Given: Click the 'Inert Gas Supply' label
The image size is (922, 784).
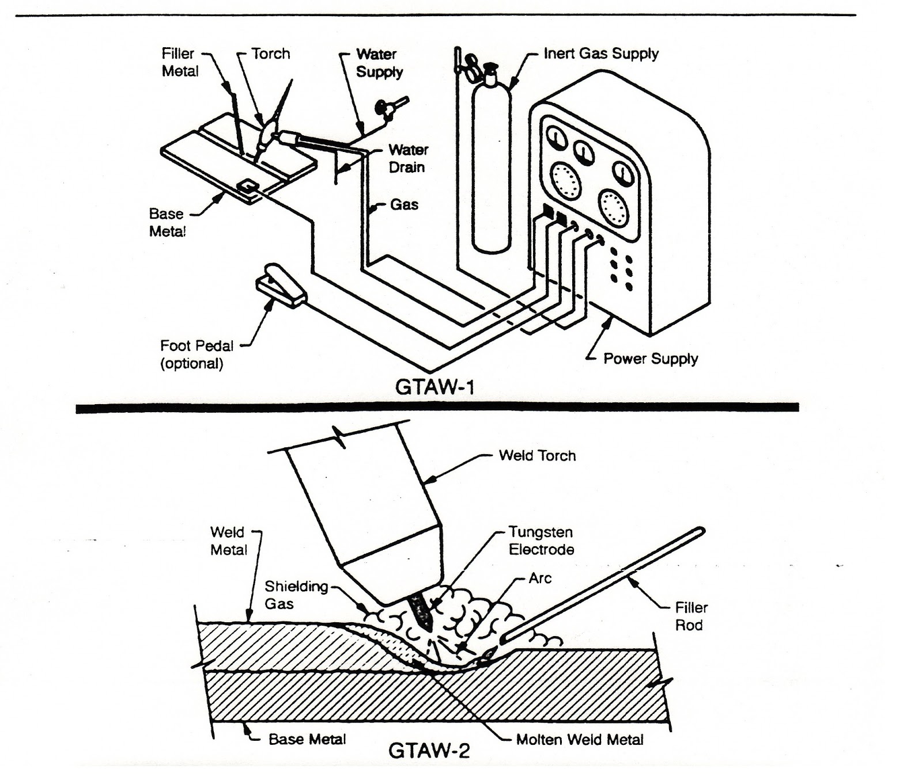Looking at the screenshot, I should (600, 54).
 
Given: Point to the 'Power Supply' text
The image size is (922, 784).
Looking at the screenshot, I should (650, 359).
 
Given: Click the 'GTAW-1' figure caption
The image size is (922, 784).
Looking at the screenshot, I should (435, 387).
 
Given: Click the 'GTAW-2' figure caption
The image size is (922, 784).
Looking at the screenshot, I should (429, 750).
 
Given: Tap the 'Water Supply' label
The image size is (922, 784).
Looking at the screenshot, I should (379, 63).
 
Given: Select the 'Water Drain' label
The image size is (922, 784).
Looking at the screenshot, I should (408, 158).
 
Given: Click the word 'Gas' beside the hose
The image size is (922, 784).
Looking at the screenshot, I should (404, 205).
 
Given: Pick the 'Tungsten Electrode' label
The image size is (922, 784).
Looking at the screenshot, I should (541, 541).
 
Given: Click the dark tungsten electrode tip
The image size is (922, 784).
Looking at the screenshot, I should (421, 612).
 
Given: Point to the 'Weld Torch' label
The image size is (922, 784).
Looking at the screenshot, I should (537, 456).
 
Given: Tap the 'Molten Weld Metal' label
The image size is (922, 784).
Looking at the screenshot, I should (579, 740).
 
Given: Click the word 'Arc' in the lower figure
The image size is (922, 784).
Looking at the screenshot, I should (540, 578).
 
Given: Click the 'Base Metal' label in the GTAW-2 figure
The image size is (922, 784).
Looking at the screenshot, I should (307, 739).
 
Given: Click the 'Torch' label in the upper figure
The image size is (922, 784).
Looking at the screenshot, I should (270, 54).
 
